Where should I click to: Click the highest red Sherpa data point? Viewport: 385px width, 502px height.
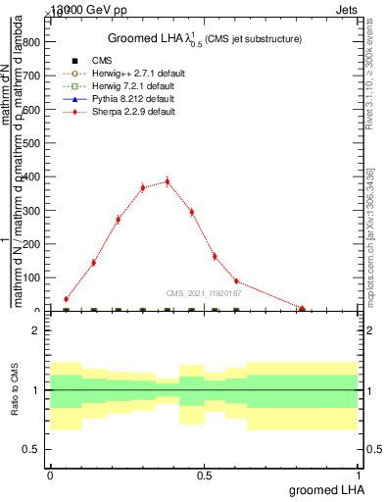(x=168, y=180)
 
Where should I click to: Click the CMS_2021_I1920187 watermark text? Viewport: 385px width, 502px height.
(x=204, y=292)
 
